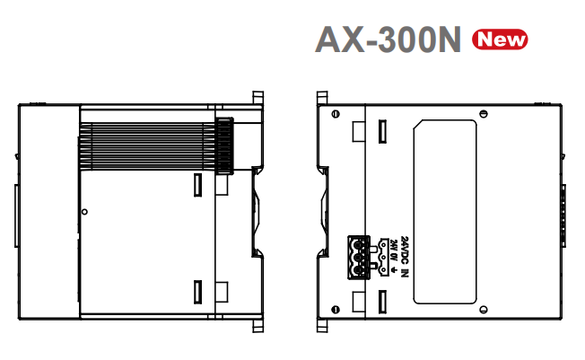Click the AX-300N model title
388,39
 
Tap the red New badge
501,39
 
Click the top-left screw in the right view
335,115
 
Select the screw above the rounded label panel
485,115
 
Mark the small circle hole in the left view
83,212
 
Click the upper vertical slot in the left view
199,184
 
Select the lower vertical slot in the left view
199,291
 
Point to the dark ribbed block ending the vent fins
224,145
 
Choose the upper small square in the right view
358,131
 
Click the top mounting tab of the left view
258,97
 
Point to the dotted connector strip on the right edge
564,213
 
